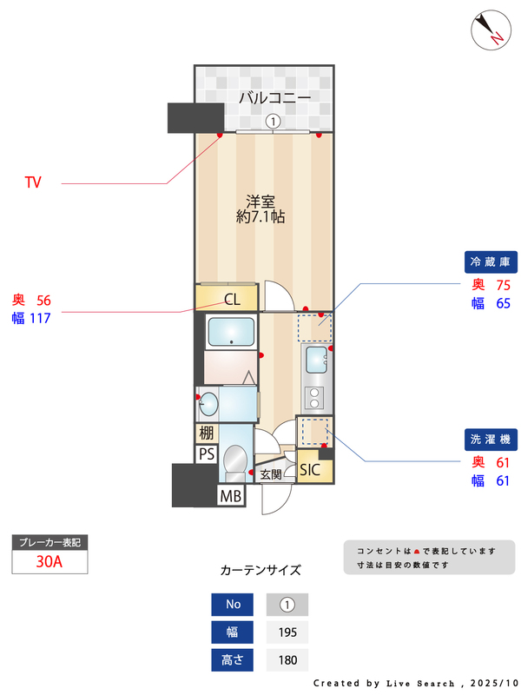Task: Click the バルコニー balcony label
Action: [x=274, y=99]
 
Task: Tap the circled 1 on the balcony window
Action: [x=274, y=122]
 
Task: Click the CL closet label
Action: [x=232, y=301]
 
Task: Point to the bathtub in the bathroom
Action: [x=231, y=332]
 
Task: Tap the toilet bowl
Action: [x=234, y=460]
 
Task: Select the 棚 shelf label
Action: [x=206, y=433]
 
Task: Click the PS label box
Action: [x=206, y=453]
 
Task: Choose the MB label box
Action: [x=230, y=496]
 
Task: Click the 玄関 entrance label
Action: [x=270, y=474]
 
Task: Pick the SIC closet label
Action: [x=310, y=470]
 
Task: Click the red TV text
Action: [x=33, y=182]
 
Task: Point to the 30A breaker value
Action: [x=49, y=561]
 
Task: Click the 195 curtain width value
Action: [x=287, y=632]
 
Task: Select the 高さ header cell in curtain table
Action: [x=233, y=660]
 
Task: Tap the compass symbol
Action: [x=489, y=30]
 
